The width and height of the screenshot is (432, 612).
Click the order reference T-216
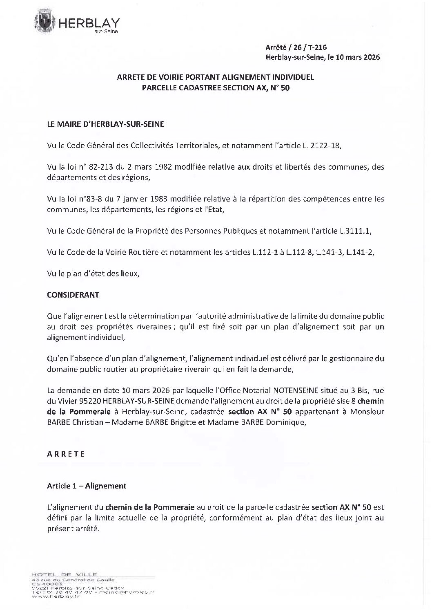coord(318,47)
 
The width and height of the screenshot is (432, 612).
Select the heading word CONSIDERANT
coord(73,295)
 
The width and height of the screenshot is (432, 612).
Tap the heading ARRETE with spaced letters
coord(66,454)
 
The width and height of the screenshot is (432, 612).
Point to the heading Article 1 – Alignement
coord(87,486)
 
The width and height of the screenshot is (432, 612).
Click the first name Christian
coord(89,423)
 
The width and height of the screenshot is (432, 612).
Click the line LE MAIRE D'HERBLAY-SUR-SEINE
coord(105,124)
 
